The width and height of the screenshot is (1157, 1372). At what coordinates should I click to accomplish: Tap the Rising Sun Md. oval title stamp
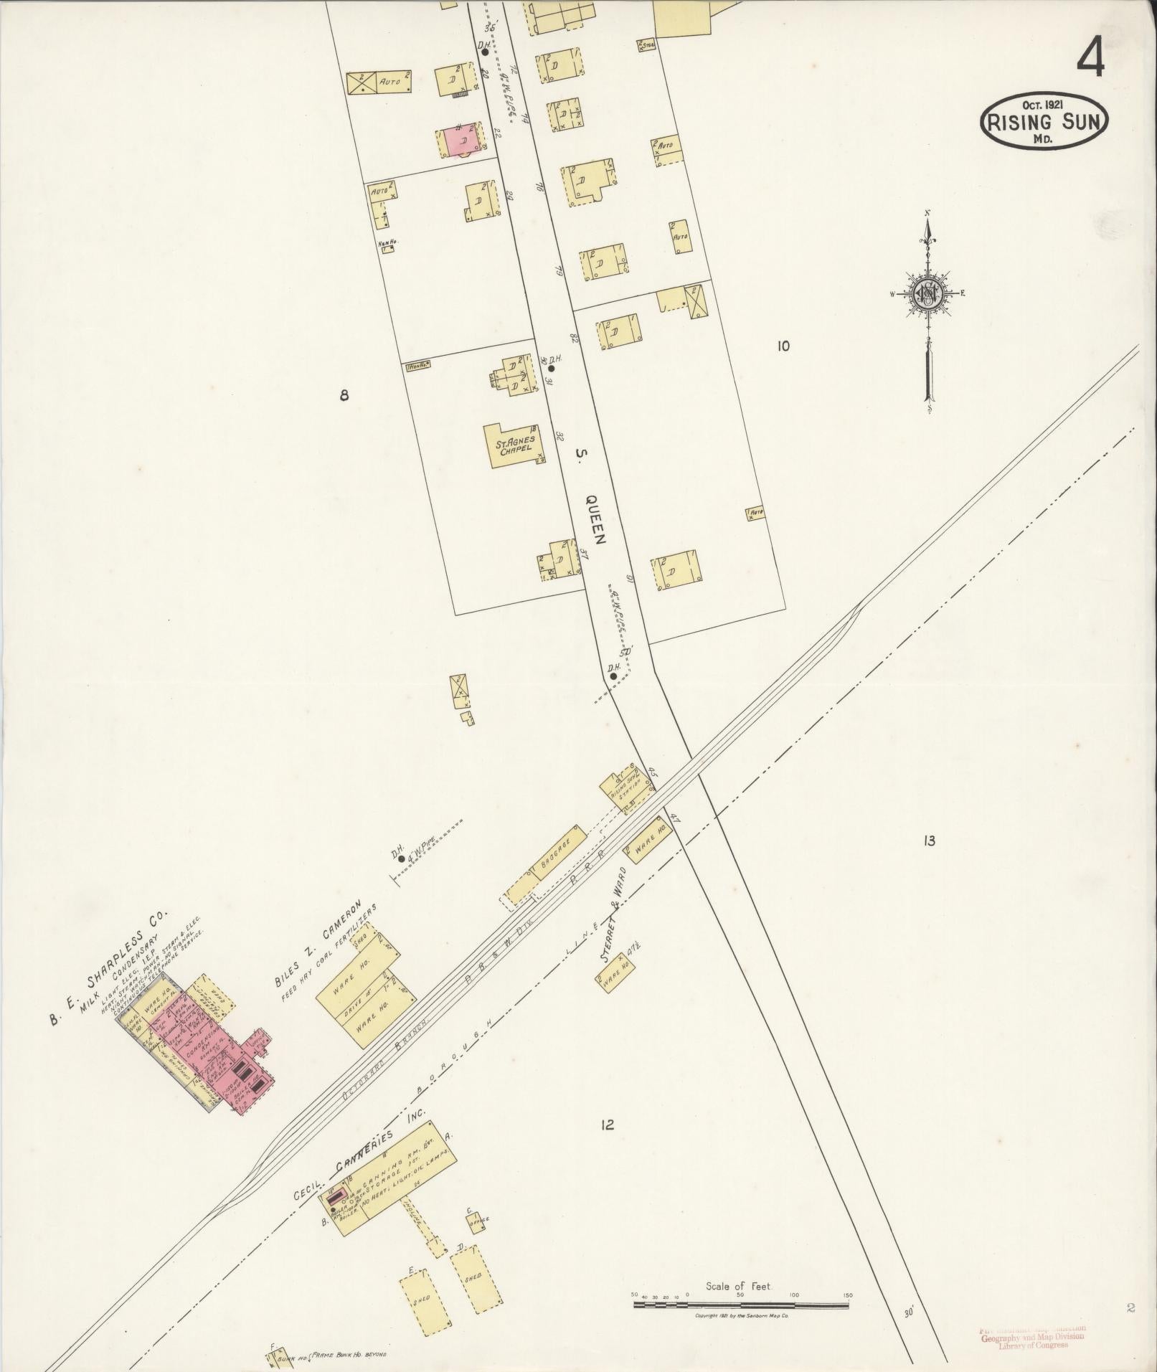[1044, 121]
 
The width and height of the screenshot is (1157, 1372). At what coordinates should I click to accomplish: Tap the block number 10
[783, 346]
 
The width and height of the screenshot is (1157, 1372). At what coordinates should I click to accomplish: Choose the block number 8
[344, 394]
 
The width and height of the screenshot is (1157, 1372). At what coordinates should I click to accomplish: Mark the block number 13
[929, 841]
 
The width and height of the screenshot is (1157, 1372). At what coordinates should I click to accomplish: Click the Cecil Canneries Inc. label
[359, 1094]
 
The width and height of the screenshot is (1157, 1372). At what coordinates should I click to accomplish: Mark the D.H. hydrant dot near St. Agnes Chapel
[551, 369]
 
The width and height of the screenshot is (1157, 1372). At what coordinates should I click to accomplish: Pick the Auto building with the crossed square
[379, 83]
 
